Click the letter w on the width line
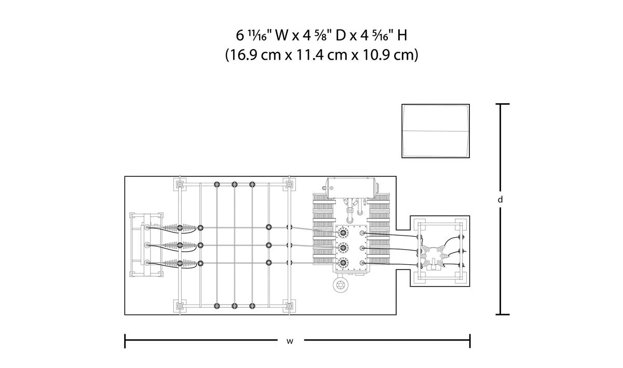[x=289, y=341]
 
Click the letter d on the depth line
[x=500, y=199]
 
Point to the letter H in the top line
[x=402, y=35]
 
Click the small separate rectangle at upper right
[x=435, y=131]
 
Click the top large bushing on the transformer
[x=342, y=234]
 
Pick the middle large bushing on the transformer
[x=342, y=248]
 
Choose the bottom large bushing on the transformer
[x=342, y=262]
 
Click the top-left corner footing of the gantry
[x=179, y=184]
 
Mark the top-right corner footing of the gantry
[x=288, y=184]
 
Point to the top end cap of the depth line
[x=501, y=104]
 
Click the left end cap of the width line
[x=125, y=341]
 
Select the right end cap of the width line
[x=470, y=341]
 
